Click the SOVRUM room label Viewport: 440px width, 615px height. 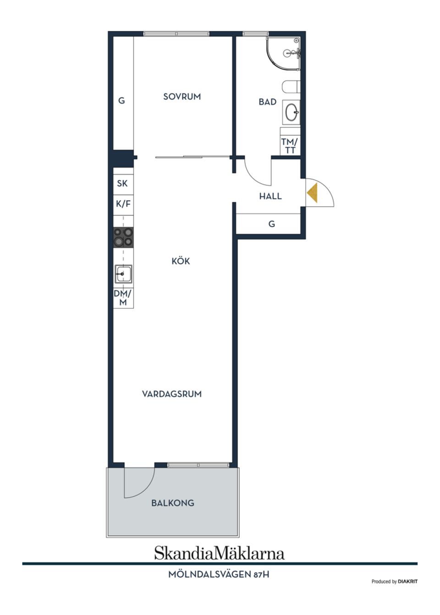[x=182, y=97]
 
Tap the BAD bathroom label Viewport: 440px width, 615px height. [x=267, y=102]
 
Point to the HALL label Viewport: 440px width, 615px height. [x=270, y=196]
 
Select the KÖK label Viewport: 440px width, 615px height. [x=181, y=261]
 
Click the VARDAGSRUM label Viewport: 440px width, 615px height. [x=172, y=394]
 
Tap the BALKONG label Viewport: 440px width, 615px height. [x=173, y=503]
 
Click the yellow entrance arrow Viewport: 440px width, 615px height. [x=313, y=193]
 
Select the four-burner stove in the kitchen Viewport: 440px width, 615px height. [x=123, y=237]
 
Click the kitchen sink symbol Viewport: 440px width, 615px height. [x=123, y=274]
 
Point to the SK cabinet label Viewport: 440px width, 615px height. [x=122, y=183]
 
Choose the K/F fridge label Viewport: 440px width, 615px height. [x=123, y=204]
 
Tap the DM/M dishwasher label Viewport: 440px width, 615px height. [x=123, y=298]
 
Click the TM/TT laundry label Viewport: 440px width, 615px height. [x=290, y=146]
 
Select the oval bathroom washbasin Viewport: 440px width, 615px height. [x=291, y=112]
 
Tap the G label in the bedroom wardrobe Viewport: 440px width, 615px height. [x=121, y=100]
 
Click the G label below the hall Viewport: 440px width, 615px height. [x=272, y=224]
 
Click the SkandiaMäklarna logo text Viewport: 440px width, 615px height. [x=219, y=553]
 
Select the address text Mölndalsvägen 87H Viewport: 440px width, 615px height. [x=219, y=574]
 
